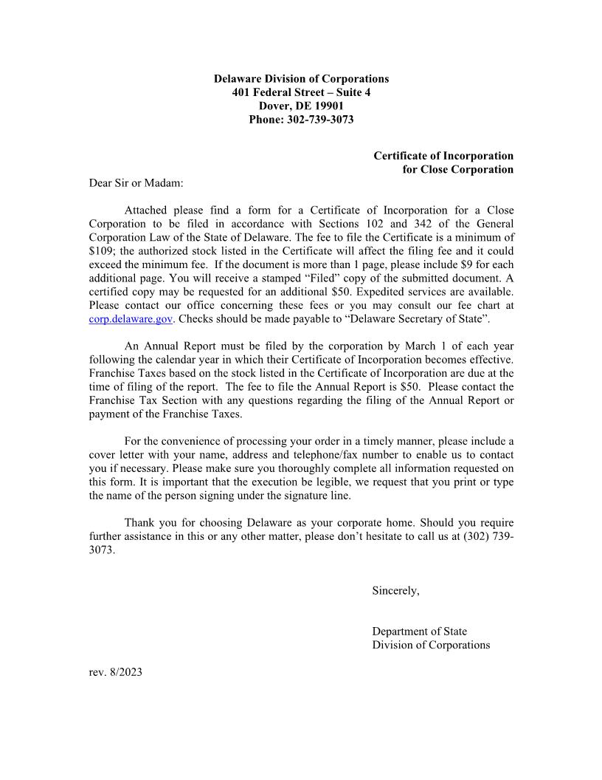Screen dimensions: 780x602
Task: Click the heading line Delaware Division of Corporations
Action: coord(301,78)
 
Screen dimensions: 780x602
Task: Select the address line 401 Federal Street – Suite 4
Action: coord(301,92)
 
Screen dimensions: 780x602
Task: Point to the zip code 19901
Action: coord(328,106)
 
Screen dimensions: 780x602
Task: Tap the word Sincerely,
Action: coord(395,591)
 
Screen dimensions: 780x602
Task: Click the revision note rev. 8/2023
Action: coord(115,672)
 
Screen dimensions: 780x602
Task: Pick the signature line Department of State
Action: coord(419,632)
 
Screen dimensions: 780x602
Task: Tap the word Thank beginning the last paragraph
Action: coord(140,523)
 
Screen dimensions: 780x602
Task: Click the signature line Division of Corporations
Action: coord(431,645)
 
